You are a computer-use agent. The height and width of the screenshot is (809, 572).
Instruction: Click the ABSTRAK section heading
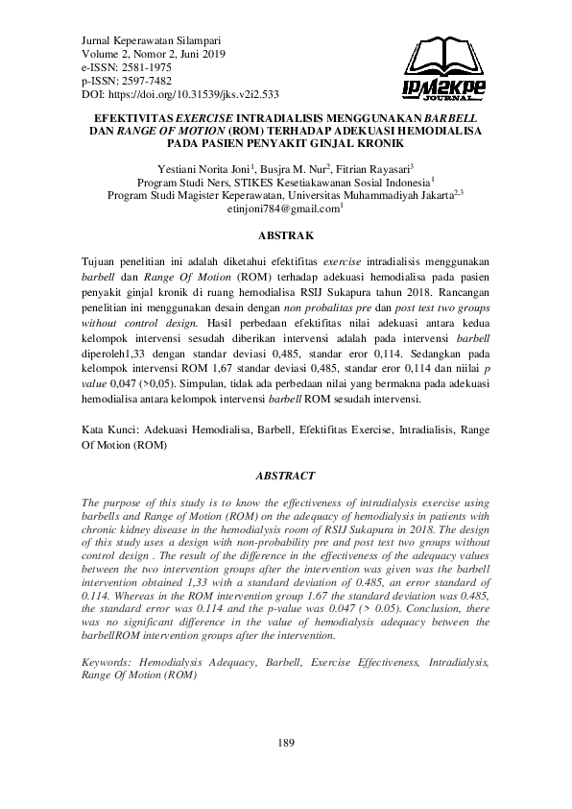point(285,233)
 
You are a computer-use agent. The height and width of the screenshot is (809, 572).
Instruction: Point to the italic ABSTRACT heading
point(285,475)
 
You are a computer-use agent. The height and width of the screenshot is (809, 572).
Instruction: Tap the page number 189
point(286,743)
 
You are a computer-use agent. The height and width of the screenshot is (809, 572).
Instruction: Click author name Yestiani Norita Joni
point(203,167)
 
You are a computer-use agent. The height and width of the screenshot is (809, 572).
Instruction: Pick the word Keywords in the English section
point(107,662)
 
